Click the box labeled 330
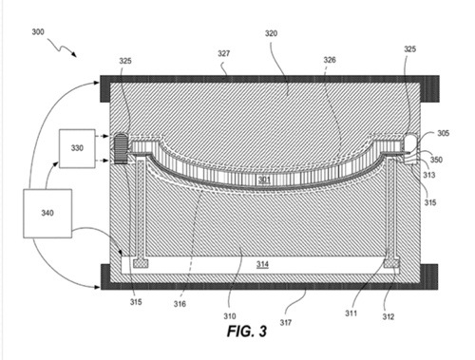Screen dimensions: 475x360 click(77, 148)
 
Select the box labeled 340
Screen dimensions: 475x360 click(47, 214)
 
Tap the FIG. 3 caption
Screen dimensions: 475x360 click(247, 332)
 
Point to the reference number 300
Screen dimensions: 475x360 click(38, 32)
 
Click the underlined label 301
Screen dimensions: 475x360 click(264, 180)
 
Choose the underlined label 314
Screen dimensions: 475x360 click(262, 264)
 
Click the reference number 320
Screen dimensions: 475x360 click(271, 33)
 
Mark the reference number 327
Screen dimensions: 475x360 click(223, 53)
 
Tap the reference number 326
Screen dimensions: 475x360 click(330, 60)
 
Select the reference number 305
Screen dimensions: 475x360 click(444, 133)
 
